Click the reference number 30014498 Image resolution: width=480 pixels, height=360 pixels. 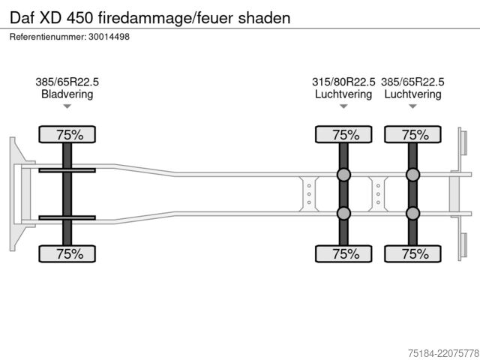pyautogui.click(x=109, y=37)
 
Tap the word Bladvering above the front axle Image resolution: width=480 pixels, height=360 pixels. pyautogui.click(x=67, y=94)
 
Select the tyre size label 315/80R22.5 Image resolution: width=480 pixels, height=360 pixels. pyautogui.click(x=343, y=82)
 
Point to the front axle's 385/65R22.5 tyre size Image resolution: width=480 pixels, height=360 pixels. pyautogui.click(x=67, y=82)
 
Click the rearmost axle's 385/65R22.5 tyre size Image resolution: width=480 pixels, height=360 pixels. pyautogui.click(x=412, y=82)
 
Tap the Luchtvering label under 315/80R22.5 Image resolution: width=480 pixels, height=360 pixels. pyautogui.click(x=343, y=94)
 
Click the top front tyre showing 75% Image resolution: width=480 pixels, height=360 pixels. pyautogui.click(x=67, y=134)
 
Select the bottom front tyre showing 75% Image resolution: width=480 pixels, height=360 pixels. pyautogui.click(x=67, y=253)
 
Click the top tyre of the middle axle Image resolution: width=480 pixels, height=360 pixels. pyautogui.click(x=343, y=134)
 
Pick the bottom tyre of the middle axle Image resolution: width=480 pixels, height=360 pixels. pyautogui.click(x=343, y=253)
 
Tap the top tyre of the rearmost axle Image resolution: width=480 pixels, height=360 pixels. pyautogui.click(x=412, y=134)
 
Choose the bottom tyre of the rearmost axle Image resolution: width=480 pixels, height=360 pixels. pyautogui.click(x=412, y=253)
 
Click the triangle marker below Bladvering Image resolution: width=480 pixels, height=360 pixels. pyautogui.click(x=67, y=106)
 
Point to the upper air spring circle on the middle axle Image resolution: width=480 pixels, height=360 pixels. pyautogui.click(x=343, y=175)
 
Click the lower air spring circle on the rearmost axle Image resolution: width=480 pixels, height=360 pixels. pyautogui.click(x=412, y=213)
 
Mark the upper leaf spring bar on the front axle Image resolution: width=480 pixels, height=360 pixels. pyautogui.click(x=67, y=170)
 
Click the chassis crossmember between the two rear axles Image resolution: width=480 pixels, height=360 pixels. pyautogui.click(x=378, y=194)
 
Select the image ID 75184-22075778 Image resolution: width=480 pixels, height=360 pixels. pyautogui.click(x=443, y=353)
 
